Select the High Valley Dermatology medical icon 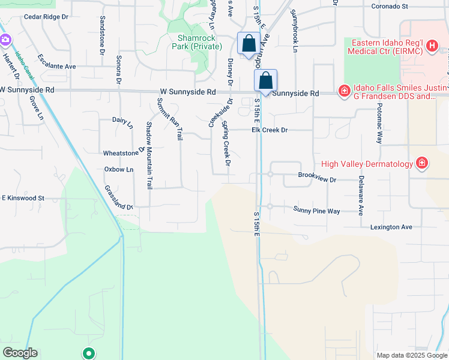pyautogui.click(x=422, y=163)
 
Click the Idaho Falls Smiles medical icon pyautogui.click(x=344, y=91)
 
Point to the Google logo pyautogui.click(x=20, y=353)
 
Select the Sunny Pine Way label pyautogui.click(x=316, y=211)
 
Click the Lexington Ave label pyautogui.click(x=391, y=227)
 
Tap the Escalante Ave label pyautogui.click(x=56, y=62)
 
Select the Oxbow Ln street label pyautogui.click(x=119, y=170)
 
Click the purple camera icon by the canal pyautogui.click(x=5, y=40)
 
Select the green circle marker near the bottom pyautogui.click(x=89, y=353)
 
